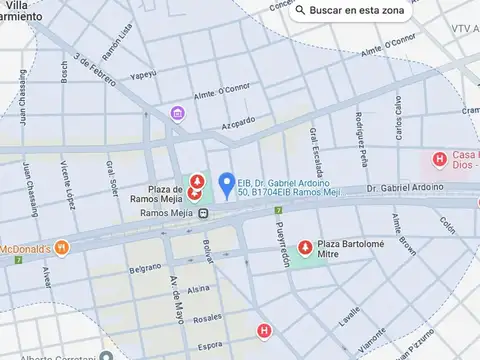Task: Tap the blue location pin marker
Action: (x=227, y=185)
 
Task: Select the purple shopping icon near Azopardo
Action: (x=177, y=113)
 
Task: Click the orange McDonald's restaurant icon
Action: (x=62, y=247)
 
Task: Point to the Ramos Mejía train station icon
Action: (x=203, y=213)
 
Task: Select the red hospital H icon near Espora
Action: (x=264, y=330)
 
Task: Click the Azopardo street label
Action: (x=238, y=121)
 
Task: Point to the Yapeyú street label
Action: (x=143, y=73)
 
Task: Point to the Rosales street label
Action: (x=207, y=318)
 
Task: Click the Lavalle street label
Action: (x=349, y=318)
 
